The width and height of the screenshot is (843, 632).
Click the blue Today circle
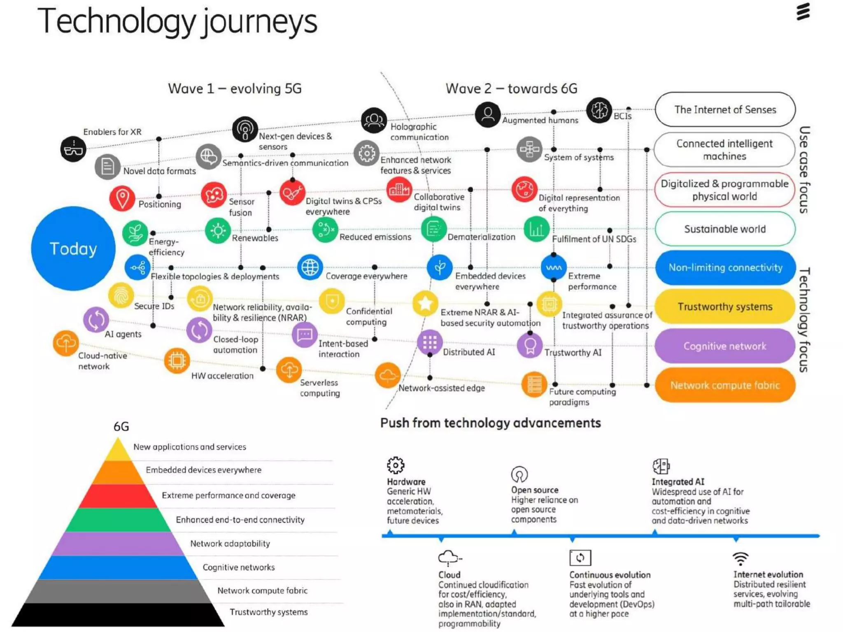[x=73, y=249]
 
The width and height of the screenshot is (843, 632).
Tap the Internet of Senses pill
[x=725, y=109]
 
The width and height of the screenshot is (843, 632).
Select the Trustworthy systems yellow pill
[x=725, y=307]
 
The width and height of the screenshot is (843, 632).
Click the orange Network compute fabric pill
[x=725, y=385]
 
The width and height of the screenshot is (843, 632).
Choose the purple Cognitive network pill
[x=725, y=346]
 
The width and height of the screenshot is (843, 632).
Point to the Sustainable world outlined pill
[x=725, y=229]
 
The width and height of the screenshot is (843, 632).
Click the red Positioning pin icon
[x=122, y=198]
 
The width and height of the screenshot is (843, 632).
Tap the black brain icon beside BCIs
[x=599, y=110]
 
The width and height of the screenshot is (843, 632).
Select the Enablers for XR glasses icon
[x=73, y=149]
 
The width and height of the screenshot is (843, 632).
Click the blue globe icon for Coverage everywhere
[x=310, y=267]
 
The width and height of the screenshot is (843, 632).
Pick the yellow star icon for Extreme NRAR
[x=425, y=303]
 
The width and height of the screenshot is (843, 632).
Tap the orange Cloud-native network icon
[x=66, y=343]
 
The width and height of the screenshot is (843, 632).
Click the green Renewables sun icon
[x=218, y=230]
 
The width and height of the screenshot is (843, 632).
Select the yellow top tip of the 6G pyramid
[x=118, y=451]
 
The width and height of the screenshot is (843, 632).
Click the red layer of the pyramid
[x=118, y=496]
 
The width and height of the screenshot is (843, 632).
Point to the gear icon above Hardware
[x=396, y=465]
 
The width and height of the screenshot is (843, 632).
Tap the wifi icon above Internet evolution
[x=741, y=559]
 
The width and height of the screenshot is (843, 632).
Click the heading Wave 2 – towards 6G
[x=511, y=88]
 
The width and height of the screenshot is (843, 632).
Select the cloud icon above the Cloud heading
[x=449, y=558]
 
